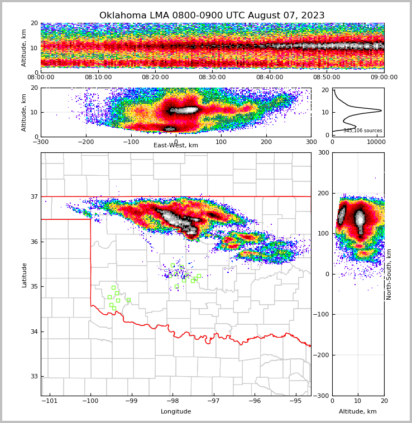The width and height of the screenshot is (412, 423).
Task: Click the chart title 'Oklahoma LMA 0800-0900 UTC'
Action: (212, 16)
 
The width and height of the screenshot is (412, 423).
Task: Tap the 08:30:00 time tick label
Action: (212, 78)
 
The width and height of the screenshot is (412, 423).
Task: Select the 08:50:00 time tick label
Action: (327, 78)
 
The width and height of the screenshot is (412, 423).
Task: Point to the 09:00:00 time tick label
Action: (384, 78)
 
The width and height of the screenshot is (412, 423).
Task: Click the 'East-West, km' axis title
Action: (176, 146)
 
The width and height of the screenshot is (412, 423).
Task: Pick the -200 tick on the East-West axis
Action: (85, 142)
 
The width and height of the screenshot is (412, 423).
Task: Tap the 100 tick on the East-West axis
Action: (221, 142)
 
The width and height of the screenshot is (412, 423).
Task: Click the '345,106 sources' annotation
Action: (363, 131)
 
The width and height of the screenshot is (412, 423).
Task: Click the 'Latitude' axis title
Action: (24, 275)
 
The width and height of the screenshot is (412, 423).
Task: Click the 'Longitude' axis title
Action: (176, 412)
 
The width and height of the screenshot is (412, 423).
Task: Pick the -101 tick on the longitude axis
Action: (49, 401)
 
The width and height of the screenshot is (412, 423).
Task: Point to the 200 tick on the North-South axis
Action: (323, 193)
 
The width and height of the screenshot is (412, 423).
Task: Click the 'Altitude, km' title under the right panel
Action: (358, 412)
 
